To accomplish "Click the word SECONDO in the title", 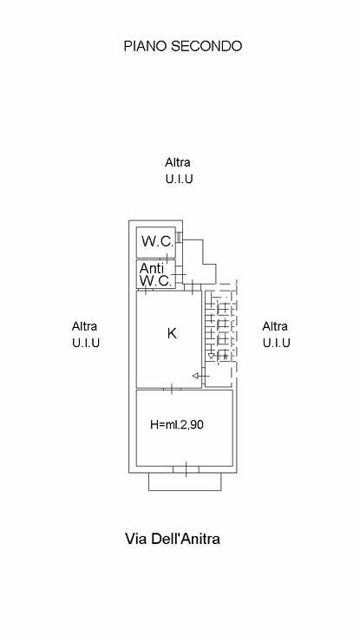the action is [206, 46].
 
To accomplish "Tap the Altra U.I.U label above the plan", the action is [179, 171].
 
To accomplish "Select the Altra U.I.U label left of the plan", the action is [86, 335].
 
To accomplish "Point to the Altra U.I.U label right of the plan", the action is [277, 335].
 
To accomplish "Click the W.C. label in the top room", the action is [158, 241].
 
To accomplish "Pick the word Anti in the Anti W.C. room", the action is [152, 268].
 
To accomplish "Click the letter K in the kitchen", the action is [172, 333].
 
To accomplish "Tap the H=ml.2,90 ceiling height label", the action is [177, 424].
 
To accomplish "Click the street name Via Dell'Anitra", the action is [173, 539].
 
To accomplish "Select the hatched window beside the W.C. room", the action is [180, 237].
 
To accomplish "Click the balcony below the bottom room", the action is [185, 482].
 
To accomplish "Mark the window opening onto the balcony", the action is [187, 469].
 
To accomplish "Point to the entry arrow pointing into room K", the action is [200, 376].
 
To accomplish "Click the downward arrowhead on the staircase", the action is [211, 356].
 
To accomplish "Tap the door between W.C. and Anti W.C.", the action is [167, 259].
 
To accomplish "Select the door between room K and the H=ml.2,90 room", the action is [172, 389].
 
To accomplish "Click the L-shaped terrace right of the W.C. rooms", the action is [199, 262].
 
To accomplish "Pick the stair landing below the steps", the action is [219, 374].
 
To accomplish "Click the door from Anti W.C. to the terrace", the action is [179, 275].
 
